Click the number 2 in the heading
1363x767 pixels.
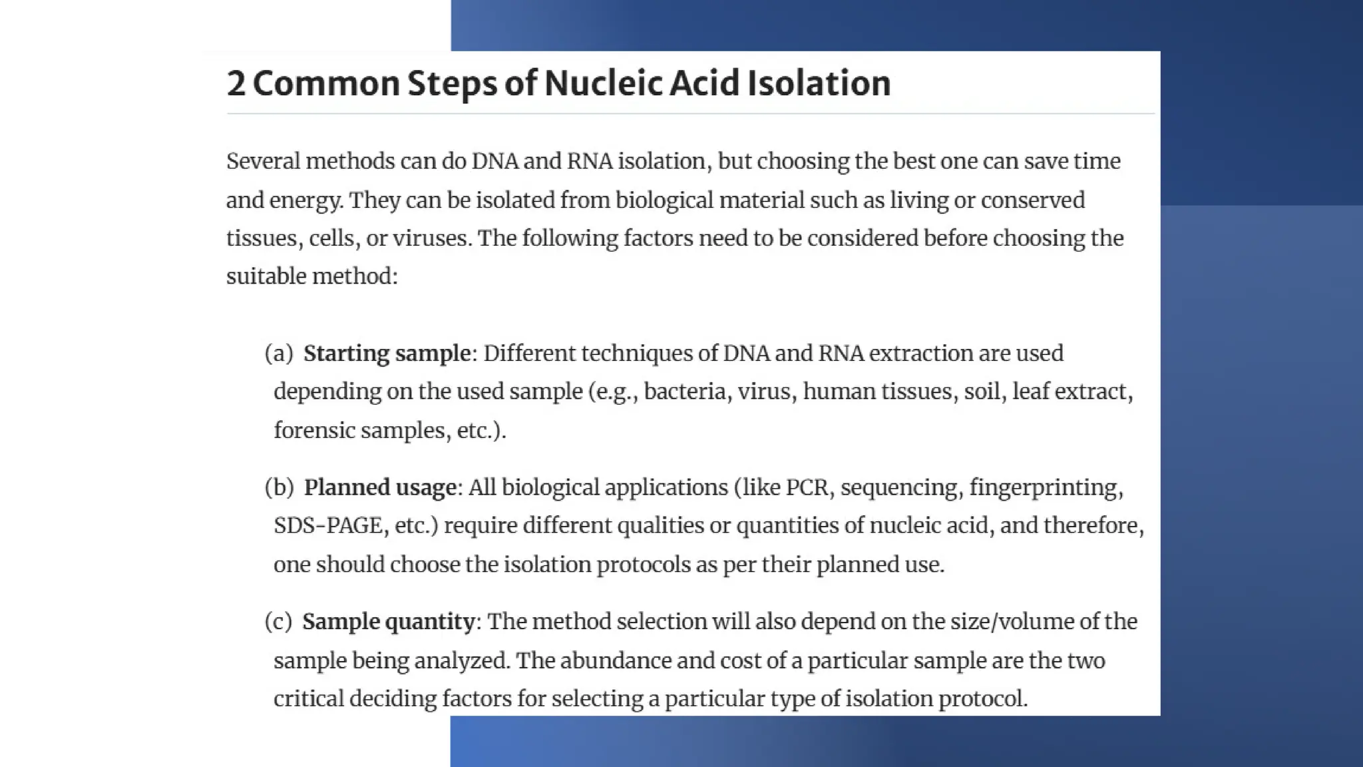pos(236,84)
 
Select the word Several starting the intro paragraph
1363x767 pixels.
pos(263,161)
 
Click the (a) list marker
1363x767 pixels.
pos(279,354)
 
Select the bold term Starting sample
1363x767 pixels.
pos(387,354)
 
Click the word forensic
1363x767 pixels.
pos(314,430)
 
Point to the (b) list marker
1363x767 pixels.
pos(279,487)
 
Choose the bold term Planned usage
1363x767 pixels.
pos(380,487)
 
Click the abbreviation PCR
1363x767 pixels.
pos(807,487)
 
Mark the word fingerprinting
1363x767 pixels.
pos(1046,487)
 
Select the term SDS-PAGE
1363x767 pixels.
pos(329,526)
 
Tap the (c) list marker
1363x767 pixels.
pos(278,622)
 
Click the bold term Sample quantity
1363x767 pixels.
pos(389,622)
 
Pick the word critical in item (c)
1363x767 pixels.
pos(308,698)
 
